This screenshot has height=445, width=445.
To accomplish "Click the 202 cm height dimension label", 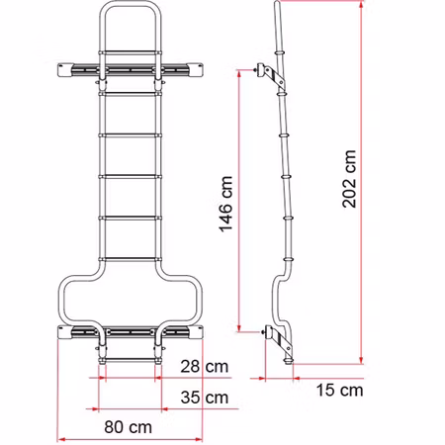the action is click(349, 179).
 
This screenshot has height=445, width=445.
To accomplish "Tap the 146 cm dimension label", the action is click(226, 204).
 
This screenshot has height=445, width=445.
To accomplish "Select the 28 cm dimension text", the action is click(205, 367).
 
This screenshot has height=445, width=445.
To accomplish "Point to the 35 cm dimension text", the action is click(205, 398).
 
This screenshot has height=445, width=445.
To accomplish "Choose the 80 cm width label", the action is click(128, 427).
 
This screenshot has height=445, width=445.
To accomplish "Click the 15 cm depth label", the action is click(339, 391).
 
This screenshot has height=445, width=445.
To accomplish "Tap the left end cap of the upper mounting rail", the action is click(64, 70).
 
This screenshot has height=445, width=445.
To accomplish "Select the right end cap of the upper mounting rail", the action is click(196, 70).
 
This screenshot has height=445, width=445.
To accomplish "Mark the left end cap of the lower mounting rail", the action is click(64, 332).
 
